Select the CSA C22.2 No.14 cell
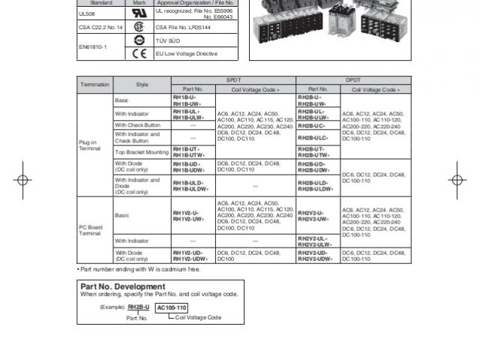click(99, 27)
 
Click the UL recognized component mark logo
click(138, 13)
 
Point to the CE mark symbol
click(138, 53)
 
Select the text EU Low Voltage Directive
click(185, 54)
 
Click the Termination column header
click(94, 84)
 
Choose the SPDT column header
click(233, 79)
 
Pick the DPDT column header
click(352, 79)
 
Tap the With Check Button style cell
click(137, 124)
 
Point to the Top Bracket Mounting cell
click(142, 151)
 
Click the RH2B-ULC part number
click(312, 138)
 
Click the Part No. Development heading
click(122, 286)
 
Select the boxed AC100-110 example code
click(172, 307)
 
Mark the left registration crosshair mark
click(22, 180)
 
